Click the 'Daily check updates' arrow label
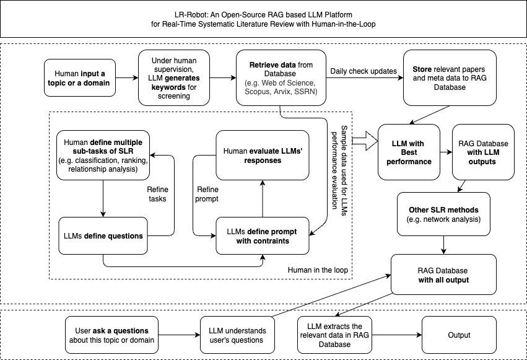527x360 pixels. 364,71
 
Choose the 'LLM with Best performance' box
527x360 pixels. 409,152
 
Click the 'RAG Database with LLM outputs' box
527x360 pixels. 483,152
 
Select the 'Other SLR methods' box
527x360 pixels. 443,214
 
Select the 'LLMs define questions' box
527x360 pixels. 104,235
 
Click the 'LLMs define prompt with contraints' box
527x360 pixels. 262,236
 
